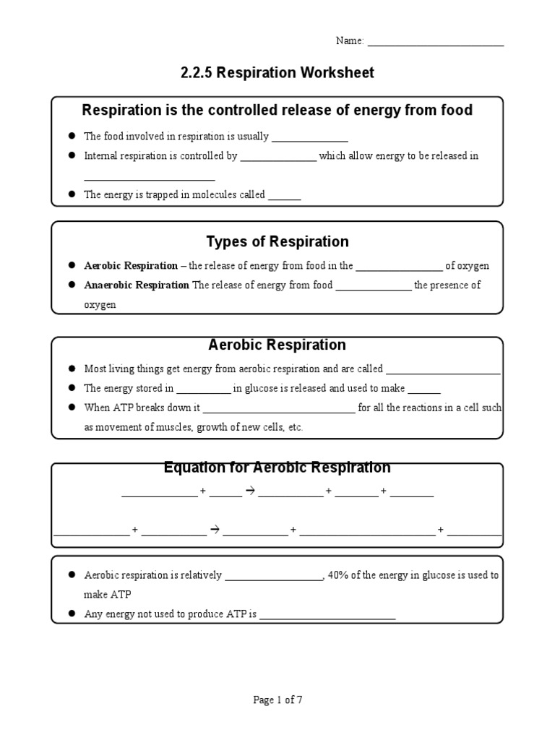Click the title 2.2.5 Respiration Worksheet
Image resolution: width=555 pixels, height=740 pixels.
pyautogui.click(x=277, y=73)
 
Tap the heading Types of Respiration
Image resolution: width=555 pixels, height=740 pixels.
pyautogui.click(x=277, y=241)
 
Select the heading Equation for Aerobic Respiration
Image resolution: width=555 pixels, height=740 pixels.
pyautogui.click(x=277, y=468)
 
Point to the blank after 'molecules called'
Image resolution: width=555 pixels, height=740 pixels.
pyautogui.click(x=285, y=196)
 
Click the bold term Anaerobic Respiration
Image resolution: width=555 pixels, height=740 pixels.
pyautogui.click(x=137, y=285)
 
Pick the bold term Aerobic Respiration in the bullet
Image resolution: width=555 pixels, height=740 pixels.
pyautogui.click(x=131, y=266)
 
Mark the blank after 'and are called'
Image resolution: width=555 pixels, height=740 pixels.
pyautogui.click(x=443, y=370)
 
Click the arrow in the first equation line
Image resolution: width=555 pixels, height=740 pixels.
pyautogui.click(x=251, y=491)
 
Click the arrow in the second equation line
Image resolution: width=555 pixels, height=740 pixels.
pyautogui.click(x=215, y=530)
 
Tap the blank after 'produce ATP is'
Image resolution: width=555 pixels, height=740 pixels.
pyautogui.click(x=327, y=616)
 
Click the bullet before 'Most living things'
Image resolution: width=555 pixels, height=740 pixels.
pyautogui.click(x=72, y=369)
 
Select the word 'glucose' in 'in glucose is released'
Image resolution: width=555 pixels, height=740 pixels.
pyautogui.click(x=261, y=389)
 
